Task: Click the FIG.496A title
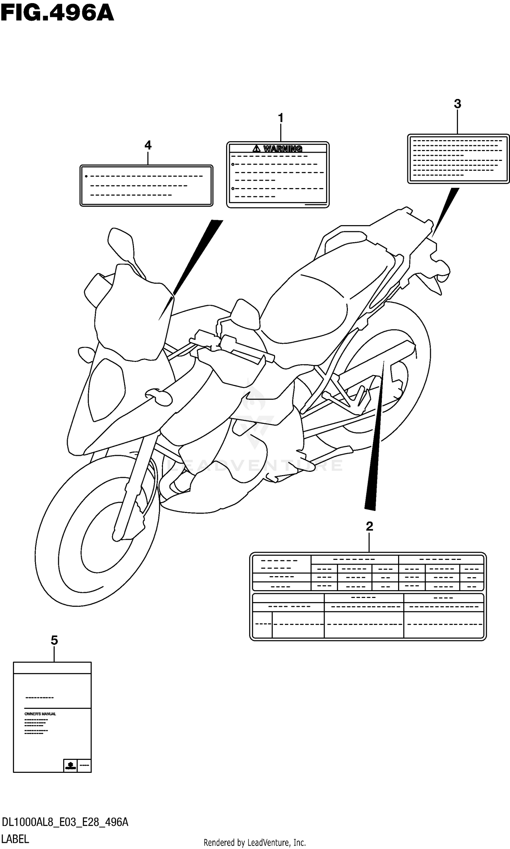point(57,14)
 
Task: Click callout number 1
point(280,118)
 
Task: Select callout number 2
point(369,526)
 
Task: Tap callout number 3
point(457,103)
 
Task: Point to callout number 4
point(148,145)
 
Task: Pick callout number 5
point(54,640)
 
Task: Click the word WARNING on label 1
point(283,149)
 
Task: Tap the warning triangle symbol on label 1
point(256,149)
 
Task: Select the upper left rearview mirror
point(120,240)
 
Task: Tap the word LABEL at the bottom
point(15,839)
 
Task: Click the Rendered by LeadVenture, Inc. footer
point(255,843)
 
